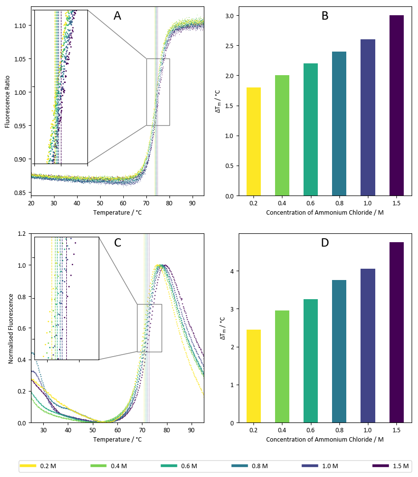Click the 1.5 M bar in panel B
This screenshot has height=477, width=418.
396,106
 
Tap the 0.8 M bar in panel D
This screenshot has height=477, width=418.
339,351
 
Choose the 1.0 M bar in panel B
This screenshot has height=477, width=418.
367,117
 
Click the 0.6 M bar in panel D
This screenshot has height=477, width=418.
310,361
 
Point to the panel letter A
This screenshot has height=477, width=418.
117,16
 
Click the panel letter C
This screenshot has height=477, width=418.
117,243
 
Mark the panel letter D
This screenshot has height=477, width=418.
325,243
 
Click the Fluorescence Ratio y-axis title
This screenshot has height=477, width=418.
8,101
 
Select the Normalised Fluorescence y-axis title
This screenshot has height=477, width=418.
11,328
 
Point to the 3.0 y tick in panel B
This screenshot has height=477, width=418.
229,16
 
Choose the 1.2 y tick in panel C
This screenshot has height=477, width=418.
23,234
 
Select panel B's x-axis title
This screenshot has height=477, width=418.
325,213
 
